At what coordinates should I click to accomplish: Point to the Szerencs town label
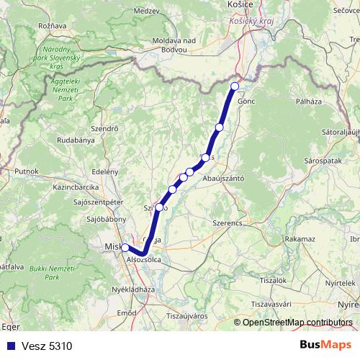(228, 223)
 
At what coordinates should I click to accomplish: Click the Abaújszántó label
(224, 177)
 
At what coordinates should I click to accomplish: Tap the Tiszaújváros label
(187, 316)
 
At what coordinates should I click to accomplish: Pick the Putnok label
(26, 171)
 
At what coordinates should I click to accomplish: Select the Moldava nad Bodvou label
(169, 45)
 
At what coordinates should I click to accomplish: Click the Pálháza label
(309, 103)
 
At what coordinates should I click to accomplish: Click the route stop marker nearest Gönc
(234, 86)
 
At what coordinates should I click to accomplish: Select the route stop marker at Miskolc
(125, 248)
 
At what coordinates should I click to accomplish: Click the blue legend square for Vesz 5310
(9, 346)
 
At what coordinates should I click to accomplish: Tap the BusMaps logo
(325, 346)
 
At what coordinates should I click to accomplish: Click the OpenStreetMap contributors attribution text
(297, 323)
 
